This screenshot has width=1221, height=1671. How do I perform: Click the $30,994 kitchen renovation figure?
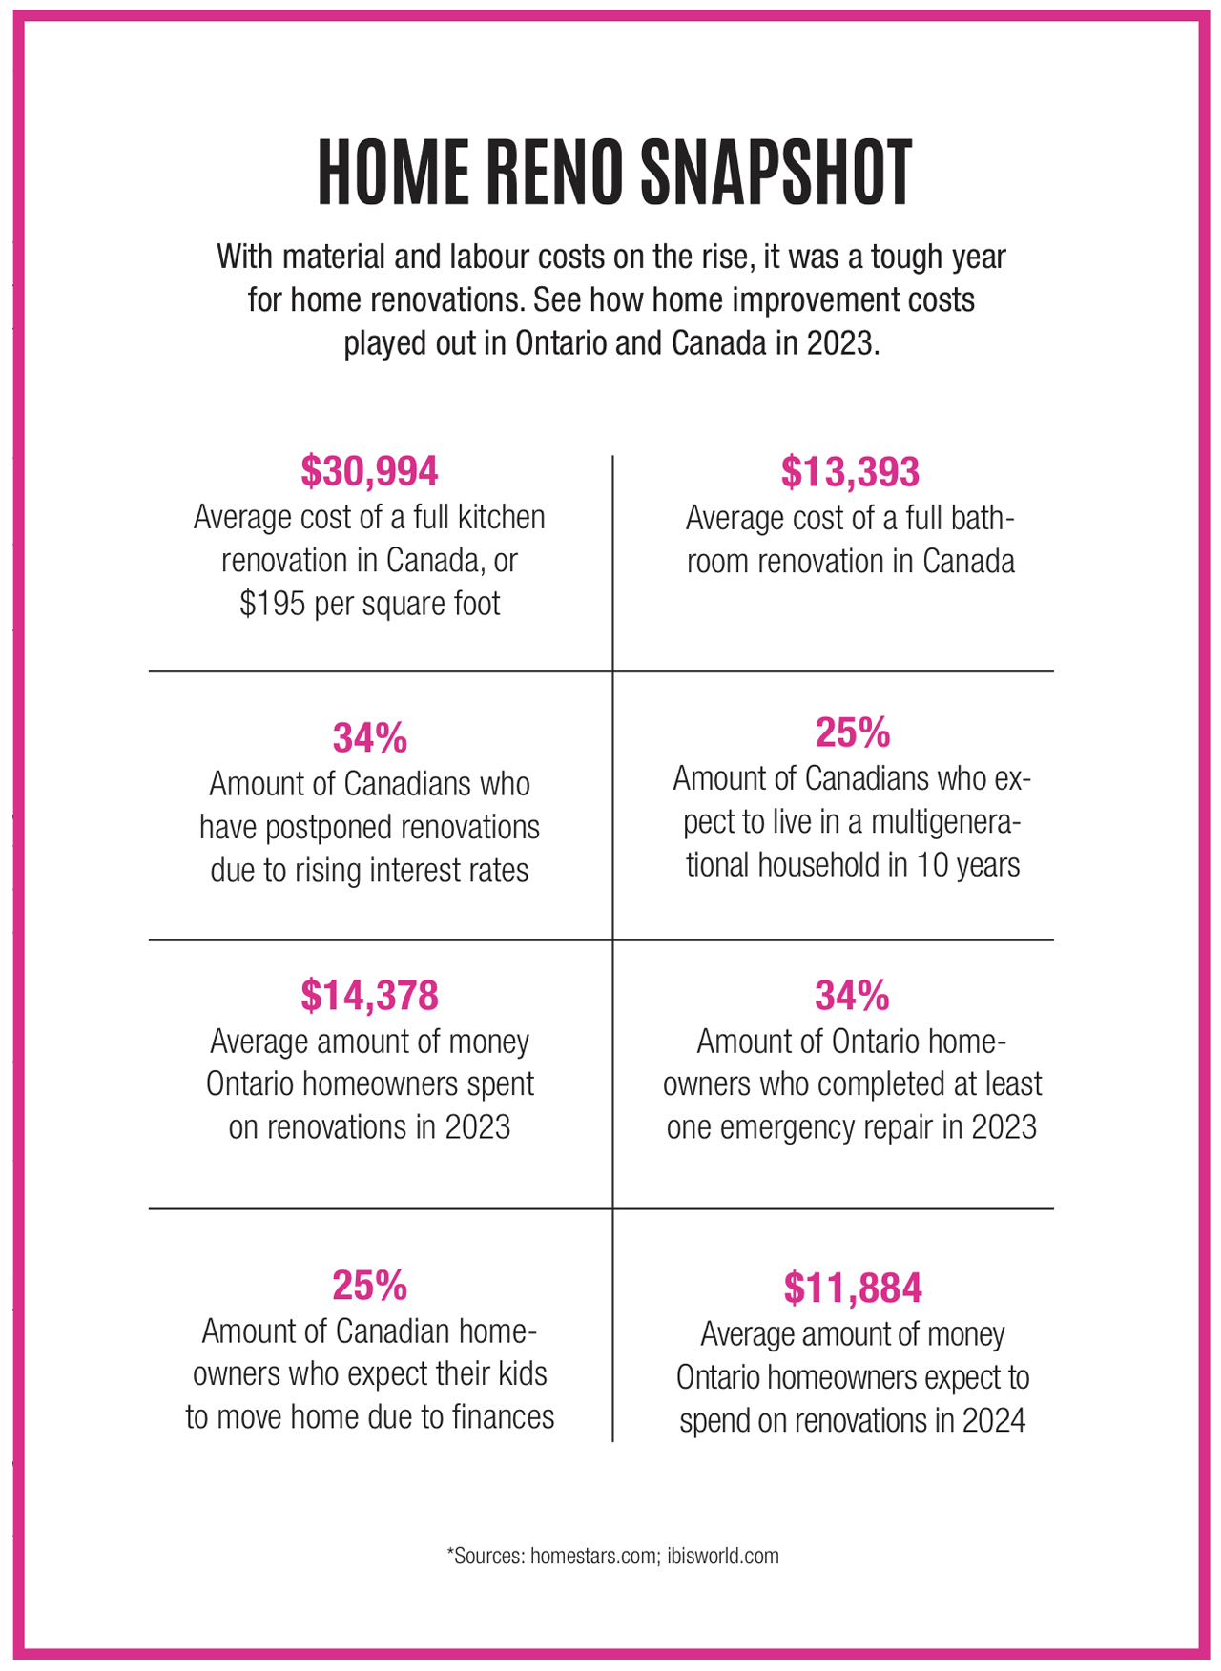(x=369, y=471)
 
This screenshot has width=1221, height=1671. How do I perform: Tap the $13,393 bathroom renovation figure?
(x=850, y=472)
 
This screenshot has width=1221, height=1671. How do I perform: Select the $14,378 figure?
(x=369, y=995)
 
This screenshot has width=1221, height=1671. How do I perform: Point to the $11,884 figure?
(x=853, y=1288)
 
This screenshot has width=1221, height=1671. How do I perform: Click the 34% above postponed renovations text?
(x=369, y=737)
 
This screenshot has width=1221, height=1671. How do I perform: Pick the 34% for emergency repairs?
(x=852, y=996)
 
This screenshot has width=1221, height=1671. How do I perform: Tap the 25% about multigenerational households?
(x=852, y=732)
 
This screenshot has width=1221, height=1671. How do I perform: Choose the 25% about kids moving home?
(x=369, y=1286)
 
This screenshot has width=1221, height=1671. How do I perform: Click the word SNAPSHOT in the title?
(x=776, y=174)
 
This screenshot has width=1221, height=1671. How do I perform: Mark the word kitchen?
(x=497, y=518)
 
